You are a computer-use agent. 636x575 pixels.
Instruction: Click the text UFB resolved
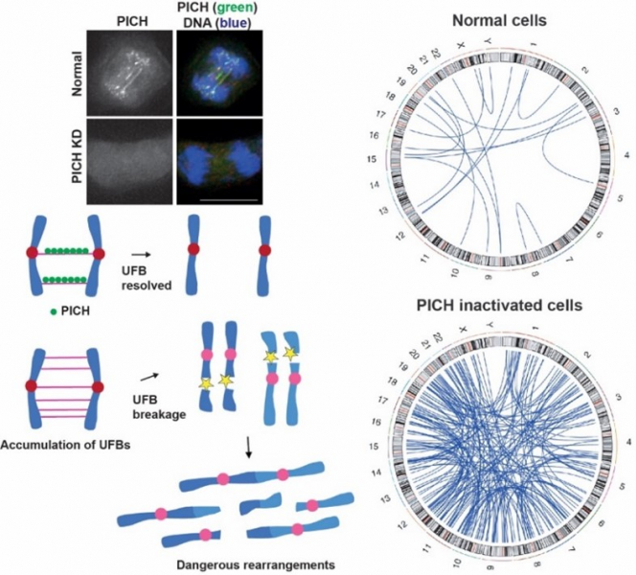(149, 279)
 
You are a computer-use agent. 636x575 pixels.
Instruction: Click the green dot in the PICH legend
(34, 311)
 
